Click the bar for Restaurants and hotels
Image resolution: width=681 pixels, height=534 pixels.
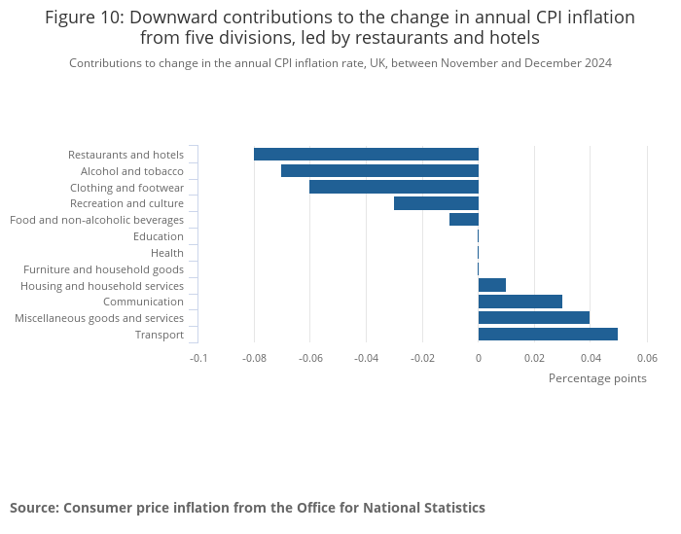(x=366, y=154)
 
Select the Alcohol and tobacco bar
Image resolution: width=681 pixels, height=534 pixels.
(x=379, y=170)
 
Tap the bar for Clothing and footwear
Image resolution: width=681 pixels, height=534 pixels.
(x=394, y=187)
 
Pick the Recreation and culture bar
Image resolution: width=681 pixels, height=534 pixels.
(x=436, y=203)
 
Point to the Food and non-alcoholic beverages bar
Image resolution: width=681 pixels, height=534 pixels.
(x=464, y=220)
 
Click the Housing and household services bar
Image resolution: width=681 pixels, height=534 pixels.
(x=492, y=285)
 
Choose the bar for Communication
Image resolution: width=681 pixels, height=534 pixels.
(x=520, y=302)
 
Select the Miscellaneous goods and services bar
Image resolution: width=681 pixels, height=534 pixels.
(x=534, y=318)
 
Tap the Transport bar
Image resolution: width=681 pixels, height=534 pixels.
(x=548, y=335)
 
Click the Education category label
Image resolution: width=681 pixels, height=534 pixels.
(x=159, y=236)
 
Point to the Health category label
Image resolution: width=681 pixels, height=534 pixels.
(x=167, y=253)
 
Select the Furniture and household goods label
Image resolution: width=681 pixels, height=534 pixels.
(x=103, y=269)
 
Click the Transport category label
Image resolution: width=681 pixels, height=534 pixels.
(x=160, y=335)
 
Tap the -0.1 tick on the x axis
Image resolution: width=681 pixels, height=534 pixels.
(x=198, y=358)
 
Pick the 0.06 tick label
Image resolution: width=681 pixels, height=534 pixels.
(x=647, y=358)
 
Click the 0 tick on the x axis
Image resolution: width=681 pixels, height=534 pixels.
(x=479, y=358)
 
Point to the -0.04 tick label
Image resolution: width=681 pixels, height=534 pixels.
(x=366, y=358)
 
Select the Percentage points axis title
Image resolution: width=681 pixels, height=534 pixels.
(x=597, y=378)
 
